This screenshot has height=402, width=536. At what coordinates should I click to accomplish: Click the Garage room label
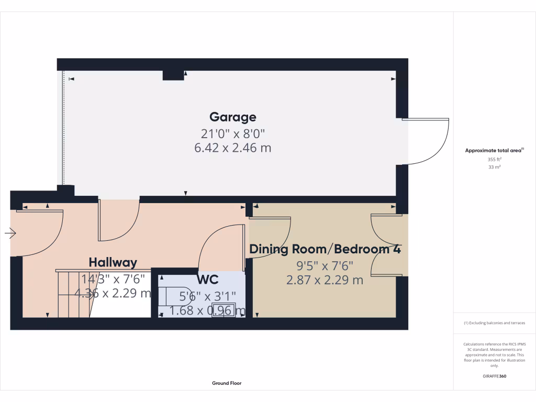point(233,117)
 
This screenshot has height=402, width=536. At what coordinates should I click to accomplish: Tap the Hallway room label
point(113,263)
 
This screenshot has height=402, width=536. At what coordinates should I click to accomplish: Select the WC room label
point(207,280)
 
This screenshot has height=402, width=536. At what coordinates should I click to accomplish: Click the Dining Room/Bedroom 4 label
point(325,249)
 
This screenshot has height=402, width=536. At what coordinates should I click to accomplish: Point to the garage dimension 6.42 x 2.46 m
point(233,148)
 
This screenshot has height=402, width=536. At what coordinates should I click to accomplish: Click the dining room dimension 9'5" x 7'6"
point(325,265)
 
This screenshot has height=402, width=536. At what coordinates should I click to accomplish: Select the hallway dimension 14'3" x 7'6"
point(113,279)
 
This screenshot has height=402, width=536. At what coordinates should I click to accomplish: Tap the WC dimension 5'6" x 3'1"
point(207,296)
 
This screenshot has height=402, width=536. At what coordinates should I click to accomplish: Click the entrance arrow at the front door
point(10,233)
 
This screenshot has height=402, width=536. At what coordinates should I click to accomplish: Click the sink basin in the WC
point(224,310)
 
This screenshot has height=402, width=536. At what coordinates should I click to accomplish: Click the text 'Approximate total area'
point(493,150)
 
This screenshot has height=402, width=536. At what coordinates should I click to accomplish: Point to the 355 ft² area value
point(494,159)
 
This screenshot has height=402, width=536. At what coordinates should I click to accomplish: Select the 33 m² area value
point(494,167)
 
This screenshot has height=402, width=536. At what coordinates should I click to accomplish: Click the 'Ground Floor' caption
point(227,383)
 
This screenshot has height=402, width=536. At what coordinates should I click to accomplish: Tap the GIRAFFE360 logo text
point(494,376)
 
